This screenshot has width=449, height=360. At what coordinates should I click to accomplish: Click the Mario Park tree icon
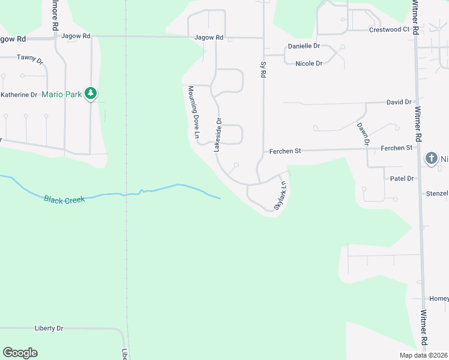tap(91, 93)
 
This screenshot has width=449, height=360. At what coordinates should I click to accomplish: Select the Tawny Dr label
tap(30, 58)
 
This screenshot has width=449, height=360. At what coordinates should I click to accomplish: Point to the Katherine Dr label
tap(19, 95)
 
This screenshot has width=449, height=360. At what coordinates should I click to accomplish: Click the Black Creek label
tap(64, 198)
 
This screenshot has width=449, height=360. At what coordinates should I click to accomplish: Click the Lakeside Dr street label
tap(218, 134)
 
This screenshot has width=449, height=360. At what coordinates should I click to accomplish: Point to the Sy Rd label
tap(262, 69)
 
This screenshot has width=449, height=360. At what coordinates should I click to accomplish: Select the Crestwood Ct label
tap(389, 29)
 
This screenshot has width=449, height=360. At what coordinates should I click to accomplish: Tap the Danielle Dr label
tap(304, 46)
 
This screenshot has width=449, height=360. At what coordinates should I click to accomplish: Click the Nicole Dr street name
tap(309, 63)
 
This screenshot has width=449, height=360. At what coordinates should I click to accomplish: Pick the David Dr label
tap(399, 103)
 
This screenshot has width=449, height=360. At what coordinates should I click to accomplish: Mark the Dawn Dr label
tap(362, 134)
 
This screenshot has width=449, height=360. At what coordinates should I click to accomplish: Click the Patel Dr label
tap(402, 179)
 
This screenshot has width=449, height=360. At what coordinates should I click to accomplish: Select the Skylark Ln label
tap(280, 195)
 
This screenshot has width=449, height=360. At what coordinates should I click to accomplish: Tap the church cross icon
tap(431, 158)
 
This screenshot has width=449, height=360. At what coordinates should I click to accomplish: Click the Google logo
tap(20, 353)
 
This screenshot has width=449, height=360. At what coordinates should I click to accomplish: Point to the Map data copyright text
tap(423, 355)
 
